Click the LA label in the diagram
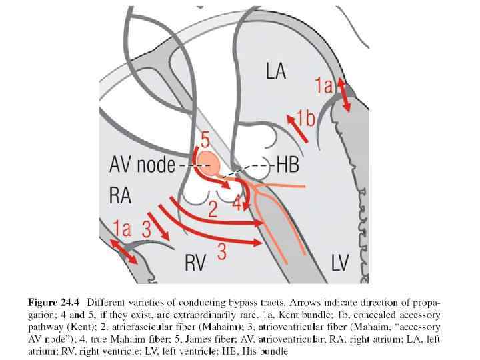275,71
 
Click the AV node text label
141,165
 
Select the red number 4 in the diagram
237,204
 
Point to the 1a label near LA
324,85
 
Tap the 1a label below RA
122,229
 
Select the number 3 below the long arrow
221,251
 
